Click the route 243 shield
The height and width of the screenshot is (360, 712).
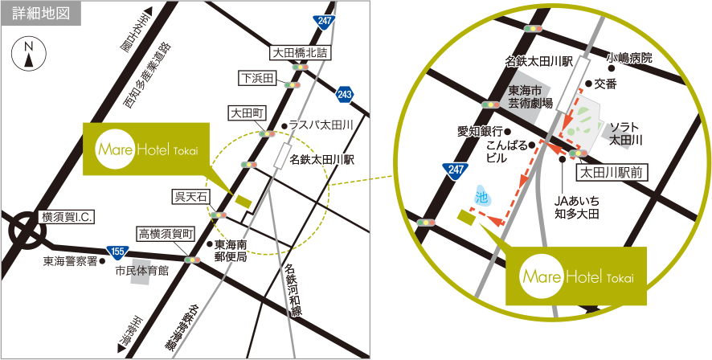click(345, 95)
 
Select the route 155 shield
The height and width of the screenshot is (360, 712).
click(117, 252)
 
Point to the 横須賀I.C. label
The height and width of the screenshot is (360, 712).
click(68, 218)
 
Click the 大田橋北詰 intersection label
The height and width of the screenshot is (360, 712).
click(300, 52)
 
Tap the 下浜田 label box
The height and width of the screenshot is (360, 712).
click(258, 78)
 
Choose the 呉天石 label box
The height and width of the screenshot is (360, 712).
click(190, 196)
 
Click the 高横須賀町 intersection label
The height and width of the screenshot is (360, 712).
click(166, 233)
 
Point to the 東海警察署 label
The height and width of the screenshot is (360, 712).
click(70, 261)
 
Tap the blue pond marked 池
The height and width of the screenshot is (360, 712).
click(481, 194)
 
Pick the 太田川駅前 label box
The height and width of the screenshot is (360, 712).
click(612, 170)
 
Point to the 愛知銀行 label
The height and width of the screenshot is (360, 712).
click(480, 131)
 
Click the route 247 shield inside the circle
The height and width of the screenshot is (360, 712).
click(456, 169)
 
